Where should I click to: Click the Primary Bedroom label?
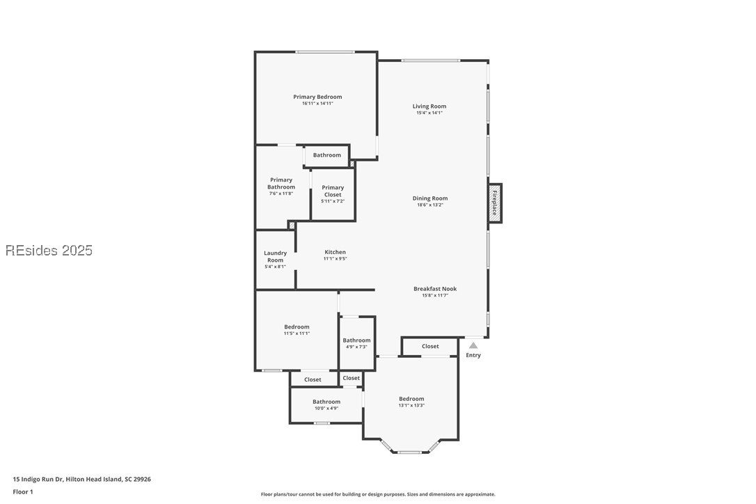tap(317, 97)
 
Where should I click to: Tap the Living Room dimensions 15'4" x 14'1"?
tap(430, 113)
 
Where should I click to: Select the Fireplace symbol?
tap(495, 203)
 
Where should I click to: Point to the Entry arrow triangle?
tap(473, 345)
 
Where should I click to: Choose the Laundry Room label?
tap(275, 256)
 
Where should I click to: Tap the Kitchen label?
tap(335, 252)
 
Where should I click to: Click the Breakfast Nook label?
tap(435, 288)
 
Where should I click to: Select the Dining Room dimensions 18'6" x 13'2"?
tap(430, 205)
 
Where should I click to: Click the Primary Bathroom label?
tap(281, 183)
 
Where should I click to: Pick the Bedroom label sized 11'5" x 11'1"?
tap(297, 326)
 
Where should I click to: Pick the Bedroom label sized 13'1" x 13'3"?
tap(411, 399)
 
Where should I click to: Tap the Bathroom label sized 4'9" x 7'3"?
tap(356, 340)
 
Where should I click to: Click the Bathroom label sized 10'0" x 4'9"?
tap(326, 402)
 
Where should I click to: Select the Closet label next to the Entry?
tap(430, 346)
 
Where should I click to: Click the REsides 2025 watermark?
tap(49, 250)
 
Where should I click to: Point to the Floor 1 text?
tap(23, 491)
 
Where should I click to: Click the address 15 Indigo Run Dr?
tap(81, 479)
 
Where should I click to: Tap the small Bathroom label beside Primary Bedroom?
tap(326, 155)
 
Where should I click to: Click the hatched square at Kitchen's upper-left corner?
tap(292, 226)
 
